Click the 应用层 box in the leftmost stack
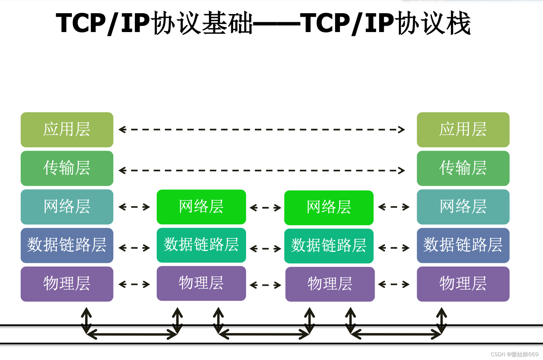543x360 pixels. pos(67,130)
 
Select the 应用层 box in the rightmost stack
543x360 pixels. pos(463,130)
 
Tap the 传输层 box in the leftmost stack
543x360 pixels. pos(67,168)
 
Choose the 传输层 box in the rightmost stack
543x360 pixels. pos(463,168)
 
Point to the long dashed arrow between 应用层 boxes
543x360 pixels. pos(262,129)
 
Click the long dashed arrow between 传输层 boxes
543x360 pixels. pos(262,170)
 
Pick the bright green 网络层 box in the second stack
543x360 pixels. pos(201,207)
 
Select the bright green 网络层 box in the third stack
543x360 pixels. pos(329,207)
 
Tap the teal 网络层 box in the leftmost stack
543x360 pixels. pos(67,207)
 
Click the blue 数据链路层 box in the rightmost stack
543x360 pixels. pos(463,245)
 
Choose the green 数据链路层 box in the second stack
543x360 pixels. pos(201,245)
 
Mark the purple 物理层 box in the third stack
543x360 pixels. pos(330,284)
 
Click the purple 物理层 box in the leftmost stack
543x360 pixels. pos(67,284)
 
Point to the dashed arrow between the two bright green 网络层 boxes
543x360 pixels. pos(265,207)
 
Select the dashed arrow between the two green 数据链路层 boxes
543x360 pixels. pos(265,249)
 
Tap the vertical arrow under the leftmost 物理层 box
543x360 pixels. pos(86,320)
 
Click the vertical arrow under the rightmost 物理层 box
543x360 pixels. pos(442,320)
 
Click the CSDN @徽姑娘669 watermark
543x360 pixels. pos(514,354)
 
